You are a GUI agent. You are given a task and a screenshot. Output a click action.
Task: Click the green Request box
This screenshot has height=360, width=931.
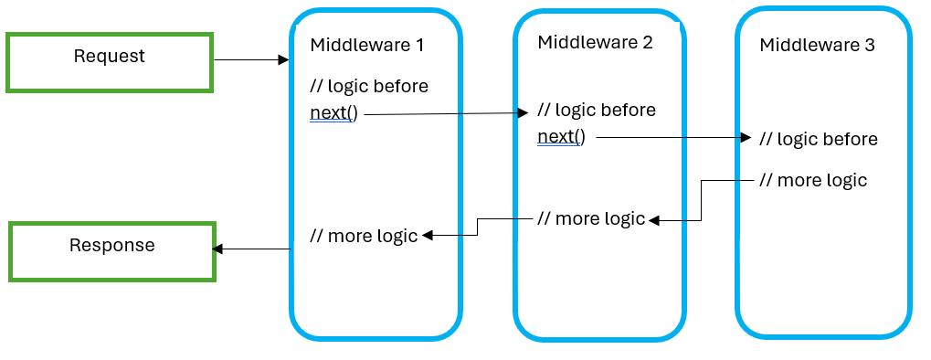click(110, 62)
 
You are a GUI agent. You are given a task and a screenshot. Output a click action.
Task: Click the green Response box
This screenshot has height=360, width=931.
click(112, 251)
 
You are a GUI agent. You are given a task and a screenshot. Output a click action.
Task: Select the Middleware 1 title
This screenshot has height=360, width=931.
click(367, 45)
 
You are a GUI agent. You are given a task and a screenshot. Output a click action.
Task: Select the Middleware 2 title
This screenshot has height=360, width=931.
click(595, 42)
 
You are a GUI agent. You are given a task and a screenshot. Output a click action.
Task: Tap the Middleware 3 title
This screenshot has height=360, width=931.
click(818, 45)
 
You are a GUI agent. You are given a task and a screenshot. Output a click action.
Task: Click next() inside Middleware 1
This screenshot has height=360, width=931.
click(333, 114)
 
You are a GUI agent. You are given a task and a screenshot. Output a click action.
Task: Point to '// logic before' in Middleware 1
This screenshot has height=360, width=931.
click(369, 86)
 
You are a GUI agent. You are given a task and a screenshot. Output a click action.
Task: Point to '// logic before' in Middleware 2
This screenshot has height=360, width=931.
click(597, 110)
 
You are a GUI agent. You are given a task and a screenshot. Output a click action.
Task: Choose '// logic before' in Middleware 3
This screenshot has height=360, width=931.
click(819, 139)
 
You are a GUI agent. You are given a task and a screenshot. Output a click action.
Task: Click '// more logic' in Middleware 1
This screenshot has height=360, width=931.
click(364, 236)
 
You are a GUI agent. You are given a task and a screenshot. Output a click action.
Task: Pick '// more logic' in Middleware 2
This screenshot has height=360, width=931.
click(591, 218)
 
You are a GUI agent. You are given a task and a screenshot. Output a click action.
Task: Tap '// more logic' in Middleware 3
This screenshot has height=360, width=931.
click(813, 180)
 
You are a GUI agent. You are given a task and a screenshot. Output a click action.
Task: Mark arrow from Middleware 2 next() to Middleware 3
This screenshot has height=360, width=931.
click(672, 137)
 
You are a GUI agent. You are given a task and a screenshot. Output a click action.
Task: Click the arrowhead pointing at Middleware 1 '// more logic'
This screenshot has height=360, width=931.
click(428, 235)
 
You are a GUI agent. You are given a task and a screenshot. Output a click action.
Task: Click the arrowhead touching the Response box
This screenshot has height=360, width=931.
click(218, 249)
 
